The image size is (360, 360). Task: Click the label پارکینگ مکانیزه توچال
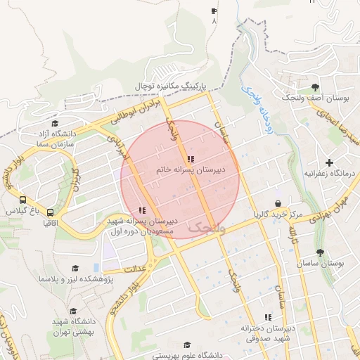[174, 85]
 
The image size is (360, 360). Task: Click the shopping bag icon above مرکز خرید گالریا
[278, 203]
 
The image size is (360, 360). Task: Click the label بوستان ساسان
[321, 263]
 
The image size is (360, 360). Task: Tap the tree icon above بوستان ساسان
[321, 252]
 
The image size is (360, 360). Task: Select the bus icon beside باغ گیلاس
[23, 200]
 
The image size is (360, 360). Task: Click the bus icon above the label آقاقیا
[50, 212]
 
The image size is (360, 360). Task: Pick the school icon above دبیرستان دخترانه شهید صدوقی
[266, 317]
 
